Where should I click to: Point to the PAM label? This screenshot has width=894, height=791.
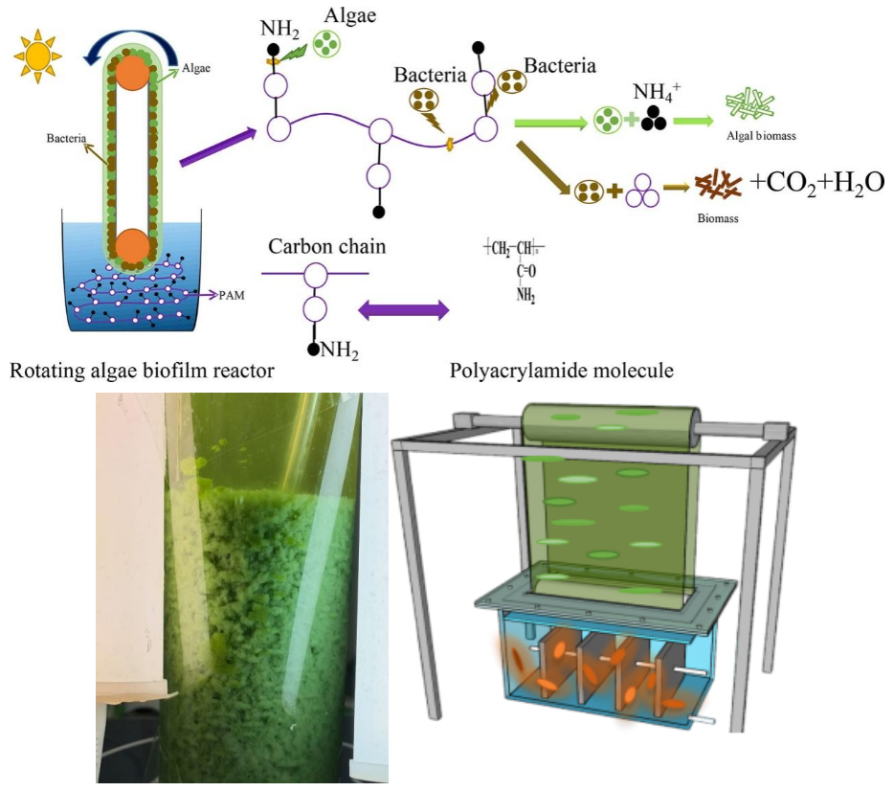pyautogui.click(x=232, y=296)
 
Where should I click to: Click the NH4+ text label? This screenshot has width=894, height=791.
pyautogui.click(x=655, y=93)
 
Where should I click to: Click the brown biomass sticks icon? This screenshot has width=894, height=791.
pyautogui.click(x=718, y=184)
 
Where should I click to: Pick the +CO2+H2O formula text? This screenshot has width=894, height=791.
pyautogui.click(x=816, y=183)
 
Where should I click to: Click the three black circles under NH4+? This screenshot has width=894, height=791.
pyautogui.click(x=654, y=120)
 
